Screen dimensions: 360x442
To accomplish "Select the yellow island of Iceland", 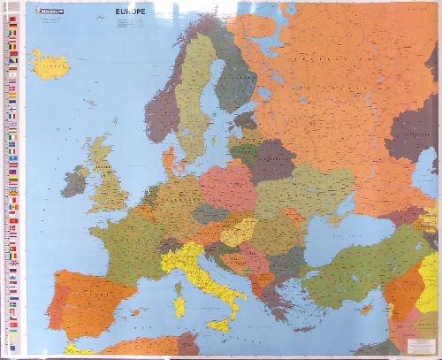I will pos(50,64).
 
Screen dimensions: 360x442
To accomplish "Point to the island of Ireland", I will pos(75,182).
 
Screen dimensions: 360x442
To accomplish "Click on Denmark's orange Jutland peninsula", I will pos(169,162).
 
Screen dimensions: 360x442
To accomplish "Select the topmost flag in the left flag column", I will pos(12,19).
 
